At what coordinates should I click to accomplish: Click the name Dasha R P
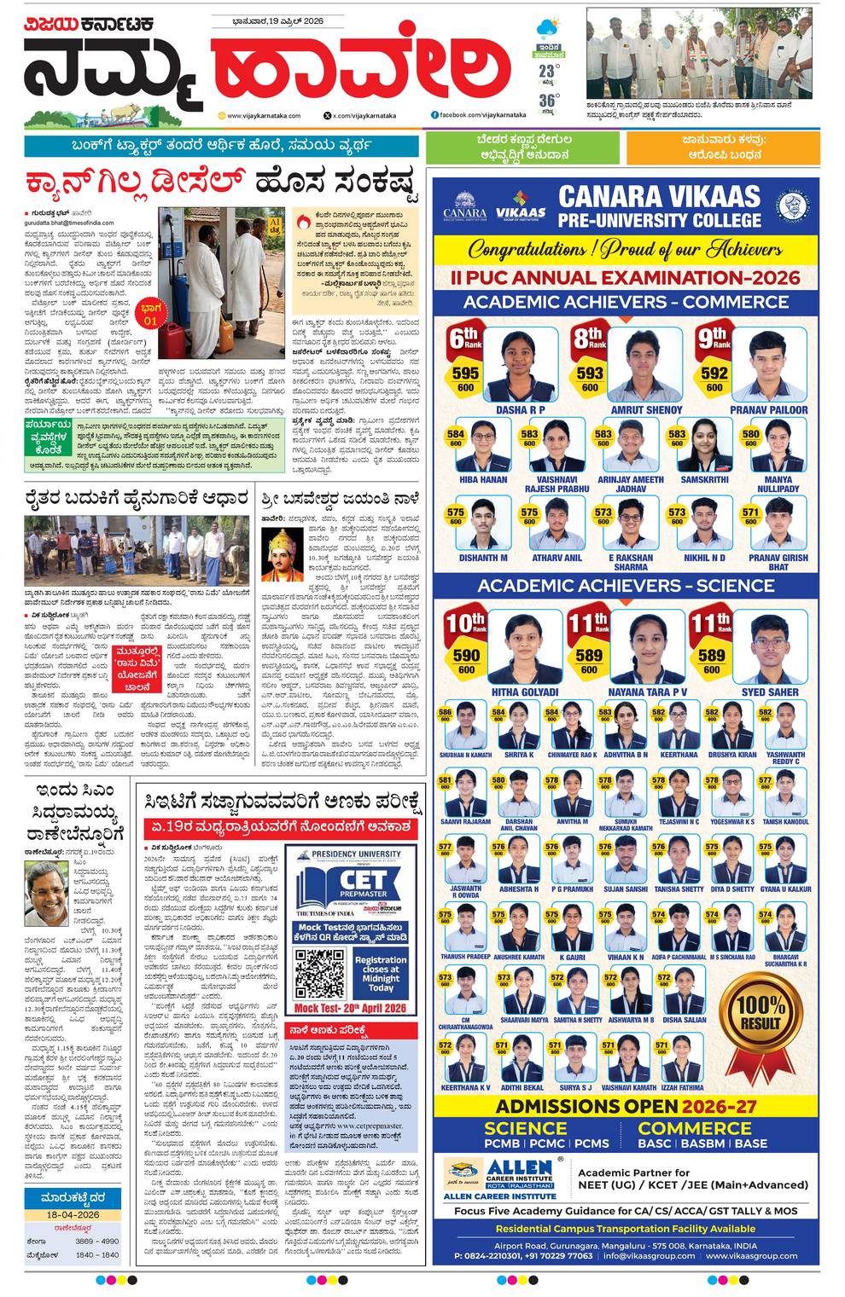pyautogui.click(x=520, y=410)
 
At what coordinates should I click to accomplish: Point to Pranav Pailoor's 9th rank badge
pyautogui.click(x=715, y=339)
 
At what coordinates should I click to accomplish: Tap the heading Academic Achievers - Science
pyautogui.click(x=626, y=586)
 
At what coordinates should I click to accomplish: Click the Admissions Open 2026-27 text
pyautogui.click(x=626, y=1106)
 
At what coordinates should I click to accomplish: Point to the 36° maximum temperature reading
pyautogui.click(x=547, y=101)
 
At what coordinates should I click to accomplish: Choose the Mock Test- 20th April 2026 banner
pyautogui.click(x=350, y=1007)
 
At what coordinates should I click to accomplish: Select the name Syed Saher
pyautogui.click(x=770, y=692)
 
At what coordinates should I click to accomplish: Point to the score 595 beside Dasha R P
pyautogui.click(x=465, y=373)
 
